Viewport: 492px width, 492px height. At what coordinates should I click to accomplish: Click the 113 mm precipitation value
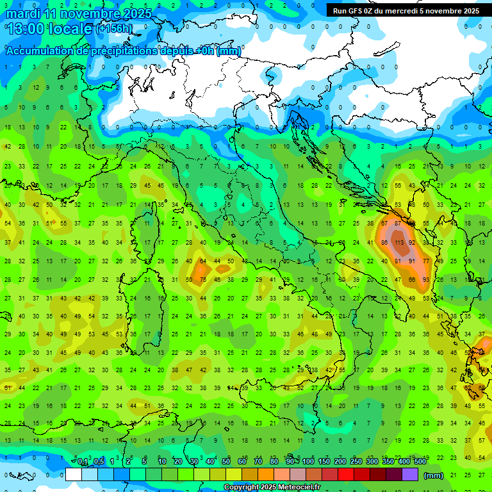[398, 243]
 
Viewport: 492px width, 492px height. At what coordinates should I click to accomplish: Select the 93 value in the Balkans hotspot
[426, 279]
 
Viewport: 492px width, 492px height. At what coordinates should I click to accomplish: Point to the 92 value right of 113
[412, 243]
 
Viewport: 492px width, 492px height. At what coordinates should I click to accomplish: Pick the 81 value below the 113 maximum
[398, 261]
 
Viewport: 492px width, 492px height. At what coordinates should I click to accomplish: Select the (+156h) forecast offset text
[115, 29]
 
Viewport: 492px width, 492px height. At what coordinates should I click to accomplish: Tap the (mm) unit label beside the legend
[434, 475]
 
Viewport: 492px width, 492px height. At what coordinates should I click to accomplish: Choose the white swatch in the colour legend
[74, 474]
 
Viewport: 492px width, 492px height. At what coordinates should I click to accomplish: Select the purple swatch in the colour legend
[410, 474]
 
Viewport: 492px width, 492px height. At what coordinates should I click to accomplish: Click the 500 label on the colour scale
[420, 462]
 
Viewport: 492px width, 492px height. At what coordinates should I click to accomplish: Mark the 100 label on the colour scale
[308, 462]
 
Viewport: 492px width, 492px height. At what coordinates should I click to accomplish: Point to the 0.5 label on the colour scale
[99, 462]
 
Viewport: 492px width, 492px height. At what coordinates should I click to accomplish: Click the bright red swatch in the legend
[346, 474]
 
